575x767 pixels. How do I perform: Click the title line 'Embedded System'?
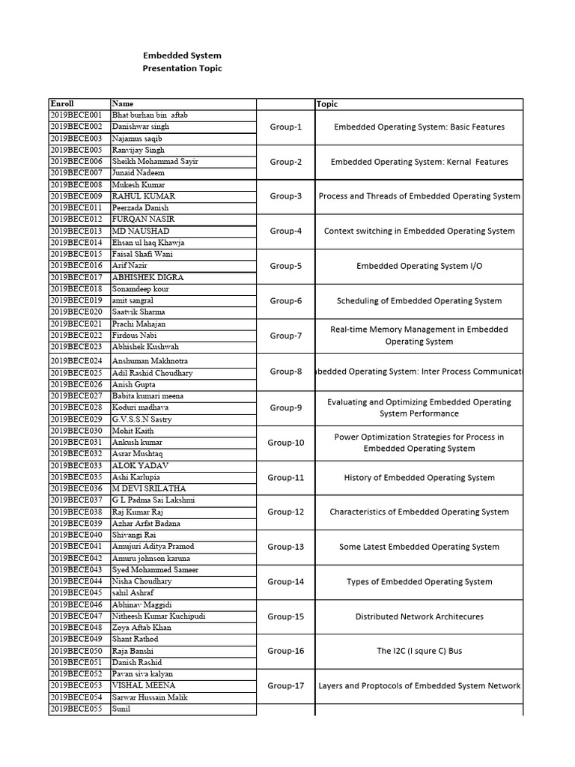click(182, 55)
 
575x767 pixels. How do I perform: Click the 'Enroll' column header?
click(62, 104)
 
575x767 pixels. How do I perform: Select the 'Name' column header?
click(121, 104)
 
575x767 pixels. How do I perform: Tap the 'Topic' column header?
click(327, 104)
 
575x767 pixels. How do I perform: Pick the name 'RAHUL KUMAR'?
click(143, 196)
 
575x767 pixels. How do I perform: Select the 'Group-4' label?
click(286, 231)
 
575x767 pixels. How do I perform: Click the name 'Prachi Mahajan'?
click(139, 324)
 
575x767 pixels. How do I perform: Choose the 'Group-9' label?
click(286, 408)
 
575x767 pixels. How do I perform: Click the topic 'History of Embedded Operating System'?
click(419, 478)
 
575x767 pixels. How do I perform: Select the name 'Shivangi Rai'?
click(134, 535)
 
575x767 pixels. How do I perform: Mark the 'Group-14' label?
click(286, 582)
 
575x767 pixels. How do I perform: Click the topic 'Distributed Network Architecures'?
click(419, 617)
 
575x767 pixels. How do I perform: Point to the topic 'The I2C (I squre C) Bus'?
click(419, 652)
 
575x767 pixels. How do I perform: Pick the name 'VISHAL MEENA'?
click(144, 685)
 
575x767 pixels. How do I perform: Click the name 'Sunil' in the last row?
click(121, 709)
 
